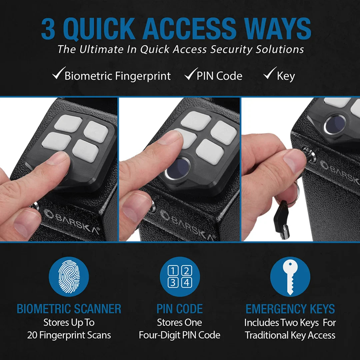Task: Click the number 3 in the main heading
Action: (x=48, y=29)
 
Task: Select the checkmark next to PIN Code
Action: (x=190, y=74)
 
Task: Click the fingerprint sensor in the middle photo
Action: (x=177, y=168)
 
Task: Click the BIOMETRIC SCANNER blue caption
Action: (x=69, y=309)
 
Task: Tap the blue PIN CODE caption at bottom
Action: (x=180, y=309)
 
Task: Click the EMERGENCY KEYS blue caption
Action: (x=290, y=309)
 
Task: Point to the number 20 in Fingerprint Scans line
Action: (x=33, y=335)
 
